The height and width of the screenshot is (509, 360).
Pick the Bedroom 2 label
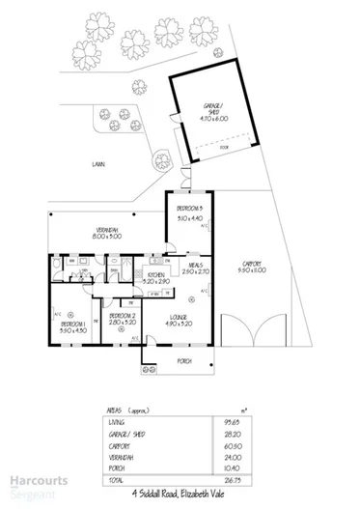(x=123, y=319)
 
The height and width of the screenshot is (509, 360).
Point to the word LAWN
(x=99, y=164)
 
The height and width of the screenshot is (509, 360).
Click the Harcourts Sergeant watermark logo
(x=29, y=483)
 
